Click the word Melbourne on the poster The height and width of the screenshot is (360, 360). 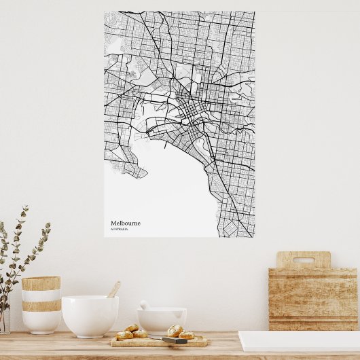(126, 223)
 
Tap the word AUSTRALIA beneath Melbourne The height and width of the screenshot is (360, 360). (119, 229)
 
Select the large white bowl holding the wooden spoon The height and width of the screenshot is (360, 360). (90, 316)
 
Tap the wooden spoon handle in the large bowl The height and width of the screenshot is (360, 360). (114, 289)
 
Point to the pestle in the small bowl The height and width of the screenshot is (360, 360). (145, 306)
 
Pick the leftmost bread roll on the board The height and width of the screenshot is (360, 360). (124, 335)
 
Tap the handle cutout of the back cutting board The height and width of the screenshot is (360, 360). (303, 260)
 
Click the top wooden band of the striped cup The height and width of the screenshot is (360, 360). (41, 283)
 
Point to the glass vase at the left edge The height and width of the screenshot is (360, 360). (4, 319)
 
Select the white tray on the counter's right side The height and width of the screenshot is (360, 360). (299, 341)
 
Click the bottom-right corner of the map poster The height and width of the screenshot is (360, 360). (254, 236)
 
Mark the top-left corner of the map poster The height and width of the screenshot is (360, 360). (105, 12)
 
